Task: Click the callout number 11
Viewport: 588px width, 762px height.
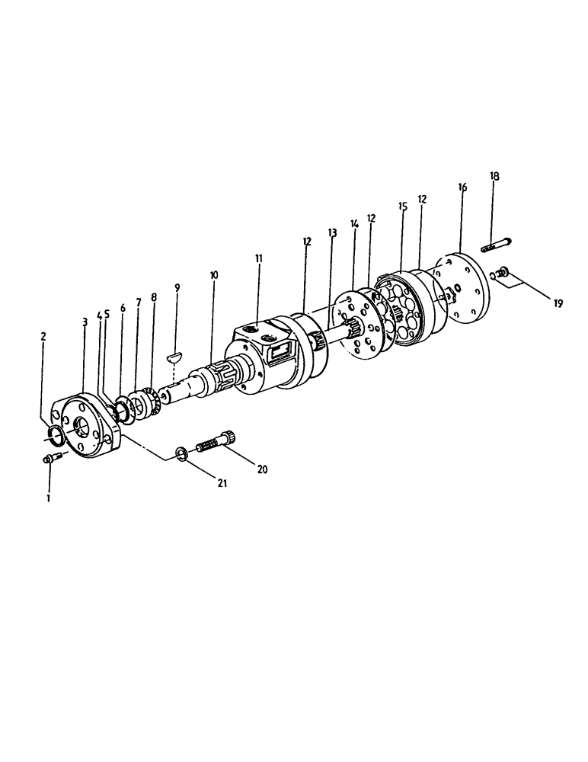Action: [x=259, y=259]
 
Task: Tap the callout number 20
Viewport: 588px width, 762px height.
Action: [x=263, y=469]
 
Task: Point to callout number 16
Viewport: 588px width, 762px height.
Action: [x=462, y=187]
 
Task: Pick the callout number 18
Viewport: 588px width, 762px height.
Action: [x=494, y=176]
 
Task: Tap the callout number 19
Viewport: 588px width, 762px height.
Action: [x=558, y=303]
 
